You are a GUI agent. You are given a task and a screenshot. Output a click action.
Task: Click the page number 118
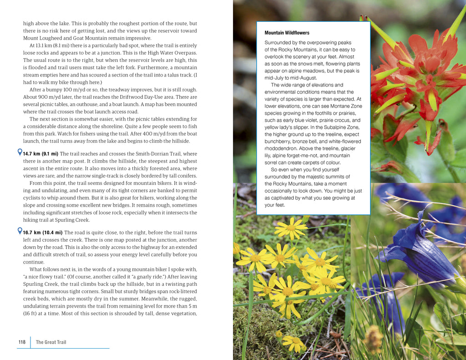pyautogui.click(x=22, y=342)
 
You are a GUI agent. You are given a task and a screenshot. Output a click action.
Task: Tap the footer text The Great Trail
pyautogui.click(x=51, y=342)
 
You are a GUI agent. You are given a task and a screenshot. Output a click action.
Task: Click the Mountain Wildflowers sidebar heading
pyautogui.click(x=287, y=33)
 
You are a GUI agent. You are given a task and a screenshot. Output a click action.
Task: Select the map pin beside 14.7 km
pyautogui.click(x=20, y=152)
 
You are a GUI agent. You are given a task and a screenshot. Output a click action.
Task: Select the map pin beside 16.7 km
pyautogui.click(x=20, y=231)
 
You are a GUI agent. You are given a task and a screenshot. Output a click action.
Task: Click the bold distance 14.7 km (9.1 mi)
pyautogui.click(x=41, y=154)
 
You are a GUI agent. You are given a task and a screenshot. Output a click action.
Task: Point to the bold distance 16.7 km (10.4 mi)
pyautogui.click(x=43, y=233)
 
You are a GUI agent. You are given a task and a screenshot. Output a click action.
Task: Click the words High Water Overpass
pyautogui.click(x=174, y=53)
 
